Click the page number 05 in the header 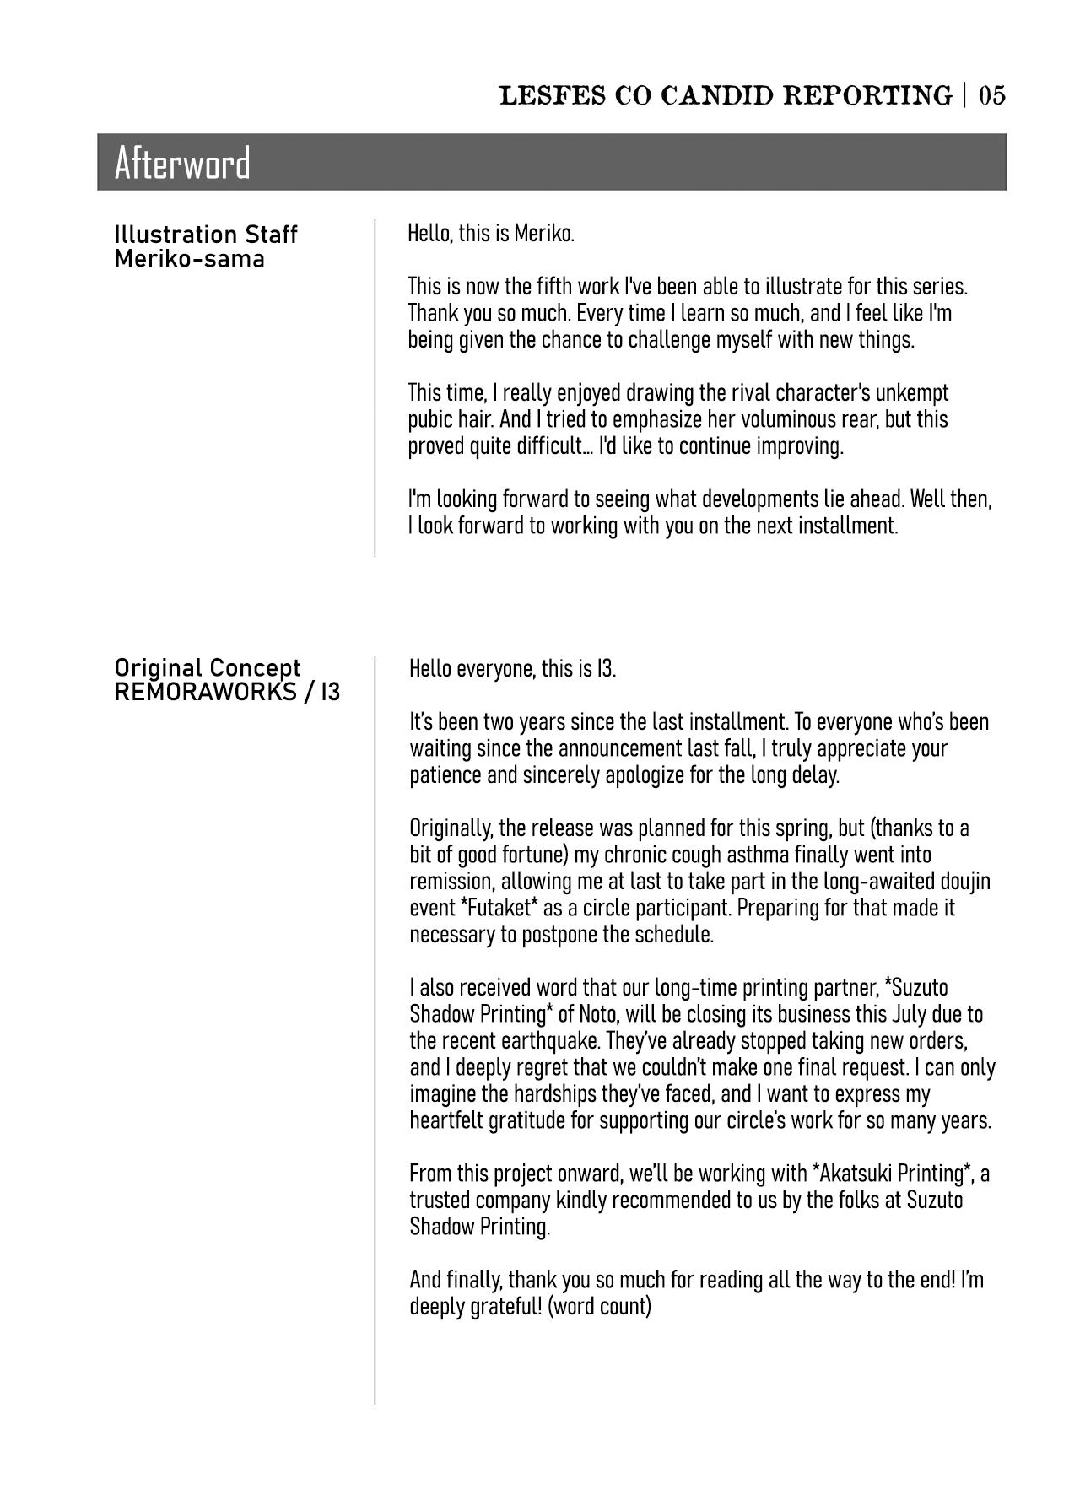pos(991,95)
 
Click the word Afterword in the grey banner pos(182,163)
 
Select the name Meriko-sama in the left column pos(189,258)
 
